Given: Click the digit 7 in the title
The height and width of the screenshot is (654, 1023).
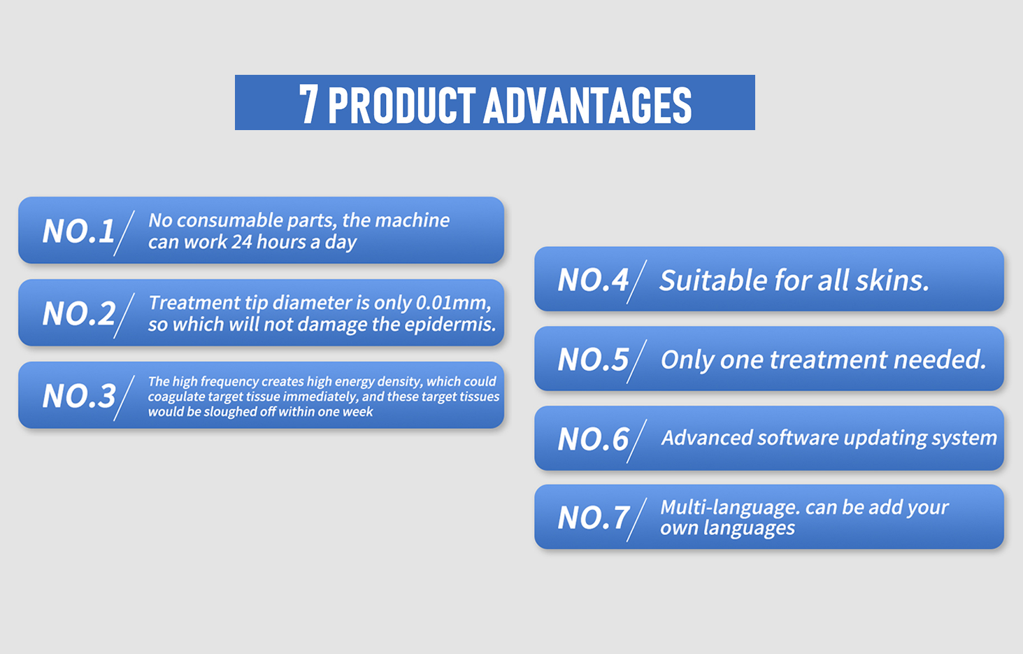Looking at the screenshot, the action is [308, 104].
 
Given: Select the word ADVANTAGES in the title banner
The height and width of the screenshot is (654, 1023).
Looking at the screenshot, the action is [588, 105].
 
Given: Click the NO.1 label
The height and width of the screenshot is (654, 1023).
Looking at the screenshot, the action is [78, 231].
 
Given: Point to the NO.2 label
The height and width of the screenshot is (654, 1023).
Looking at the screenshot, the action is [78, 314].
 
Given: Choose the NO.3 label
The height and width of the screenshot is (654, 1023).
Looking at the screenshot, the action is [78, 396].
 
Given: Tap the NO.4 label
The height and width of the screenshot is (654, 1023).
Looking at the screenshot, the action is [593, 280].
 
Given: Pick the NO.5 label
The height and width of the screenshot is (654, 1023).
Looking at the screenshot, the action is [593, 360].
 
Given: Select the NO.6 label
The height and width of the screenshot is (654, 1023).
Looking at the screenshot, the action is [593, 439].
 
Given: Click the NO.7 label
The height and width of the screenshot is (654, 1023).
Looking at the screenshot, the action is [593, 518].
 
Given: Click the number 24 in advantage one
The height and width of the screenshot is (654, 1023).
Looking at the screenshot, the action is [242, 242].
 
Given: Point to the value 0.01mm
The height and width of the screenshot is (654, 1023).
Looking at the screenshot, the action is [453, 303].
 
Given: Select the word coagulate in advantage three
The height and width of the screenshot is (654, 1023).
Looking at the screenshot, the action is [176, 397].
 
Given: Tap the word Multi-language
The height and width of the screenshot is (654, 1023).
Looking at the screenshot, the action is [730, 508].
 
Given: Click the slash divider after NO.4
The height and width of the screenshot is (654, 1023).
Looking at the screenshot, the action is [636, 282].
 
